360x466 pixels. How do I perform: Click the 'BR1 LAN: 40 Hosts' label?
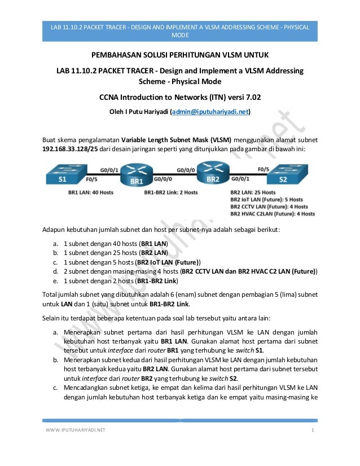(87, 192)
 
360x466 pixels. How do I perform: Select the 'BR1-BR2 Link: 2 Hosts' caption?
(170, 192)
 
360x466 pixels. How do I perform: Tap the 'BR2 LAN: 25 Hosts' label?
(253, 192)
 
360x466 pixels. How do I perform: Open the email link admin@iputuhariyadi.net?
(214, 112)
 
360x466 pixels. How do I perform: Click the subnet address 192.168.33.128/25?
(71, 149)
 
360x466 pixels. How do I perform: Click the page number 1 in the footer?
(312, 432)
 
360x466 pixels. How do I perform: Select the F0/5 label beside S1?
(91, 181)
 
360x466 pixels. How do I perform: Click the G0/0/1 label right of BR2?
(241, 181)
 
